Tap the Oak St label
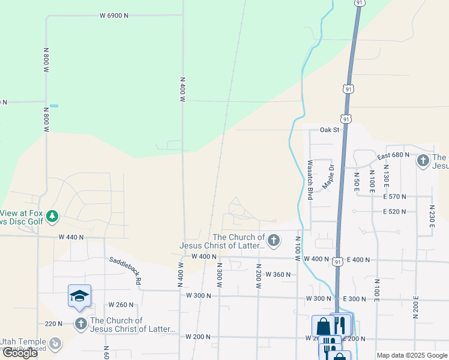[x=330, y=130]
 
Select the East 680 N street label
[x=393, y=155]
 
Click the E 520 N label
[x=395, y=212]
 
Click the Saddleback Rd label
[x=125, y=270]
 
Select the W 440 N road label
[x=71, y=238]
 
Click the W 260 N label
[x=121, y=305]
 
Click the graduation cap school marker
[x=79, y=296]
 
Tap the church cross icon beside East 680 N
[x=423, y=160]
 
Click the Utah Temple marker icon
[x=55, y=343]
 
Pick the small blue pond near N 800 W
[x=54, y=106]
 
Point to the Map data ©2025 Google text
[x=411, y=355]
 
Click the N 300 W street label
[x=220, y=275]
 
